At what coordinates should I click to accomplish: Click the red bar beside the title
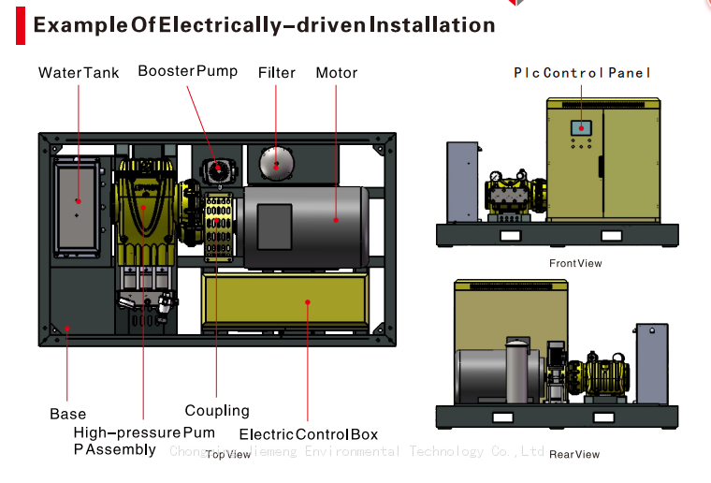(x=20, y=25)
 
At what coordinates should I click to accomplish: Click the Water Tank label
(x=79, y=72)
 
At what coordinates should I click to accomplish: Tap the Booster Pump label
(x=187, y=71)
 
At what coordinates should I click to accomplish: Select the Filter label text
(x=277, y=72)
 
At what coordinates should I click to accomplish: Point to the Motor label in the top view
(x=336, y=72)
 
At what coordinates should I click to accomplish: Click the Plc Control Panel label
(x=582, y=72)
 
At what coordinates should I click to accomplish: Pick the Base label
(x=67, y=414)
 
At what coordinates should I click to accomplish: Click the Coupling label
(x=217, y=410)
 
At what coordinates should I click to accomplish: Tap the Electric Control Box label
(x=309, y=433)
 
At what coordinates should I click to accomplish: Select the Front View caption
(x=575, y=263)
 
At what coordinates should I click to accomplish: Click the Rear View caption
(x=574, y=454)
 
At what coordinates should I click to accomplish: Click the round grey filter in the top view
(x=276, y=165)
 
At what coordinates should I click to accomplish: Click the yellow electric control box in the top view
(x=285, y=301)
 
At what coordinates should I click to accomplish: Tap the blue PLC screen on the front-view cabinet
(x=580, y=128)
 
